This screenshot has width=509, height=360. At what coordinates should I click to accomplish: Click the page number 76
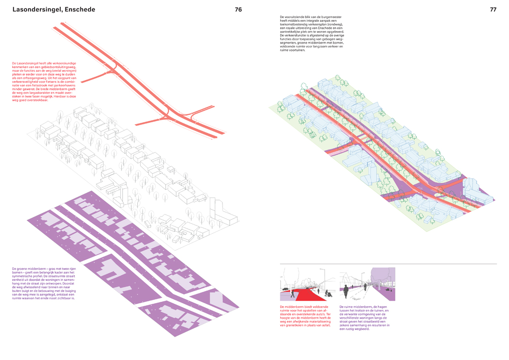(x=238, y=10)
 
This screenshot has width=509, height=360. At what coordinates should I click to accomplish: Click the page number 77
(x=493, y=10)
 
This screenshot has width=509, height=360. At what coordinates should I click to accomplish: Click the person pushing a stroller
(x=328, y=293)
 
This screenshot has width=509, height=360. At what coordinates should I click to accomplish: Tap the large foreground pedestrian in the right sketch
(x=346, y=291)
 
